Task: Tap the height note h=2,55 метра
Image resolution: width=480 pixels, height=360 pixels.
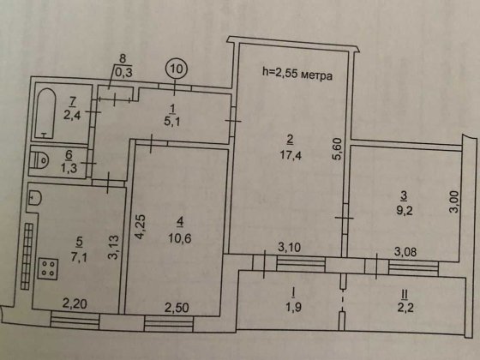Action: [296, 75]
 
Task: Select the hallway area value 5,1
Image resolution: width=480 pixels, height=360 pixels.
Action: [173, 120]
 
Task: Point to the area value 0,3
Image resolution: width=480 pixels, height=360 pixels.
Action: [123, 72]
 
